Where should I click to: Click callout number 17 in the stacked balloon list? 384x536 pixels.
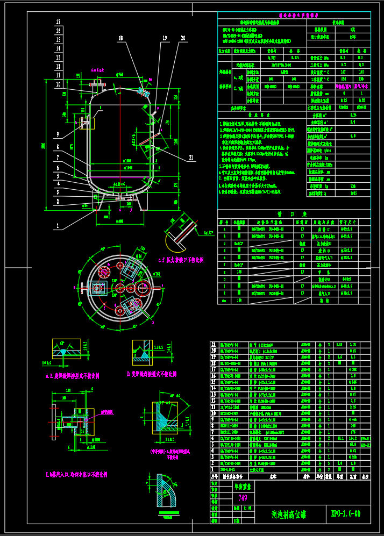(58, 23)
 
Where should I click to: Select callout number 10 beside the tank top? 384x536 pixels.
(58, 83)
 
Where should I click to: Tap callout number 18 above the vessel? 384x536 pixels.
(121, 38)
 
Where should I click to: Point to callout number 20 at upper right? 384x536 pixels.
(183, 38)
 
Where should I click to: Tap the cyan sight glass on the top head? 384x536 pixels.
(144, 92)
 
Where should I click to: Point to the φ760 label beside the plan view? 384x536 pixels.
(157, 274)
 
